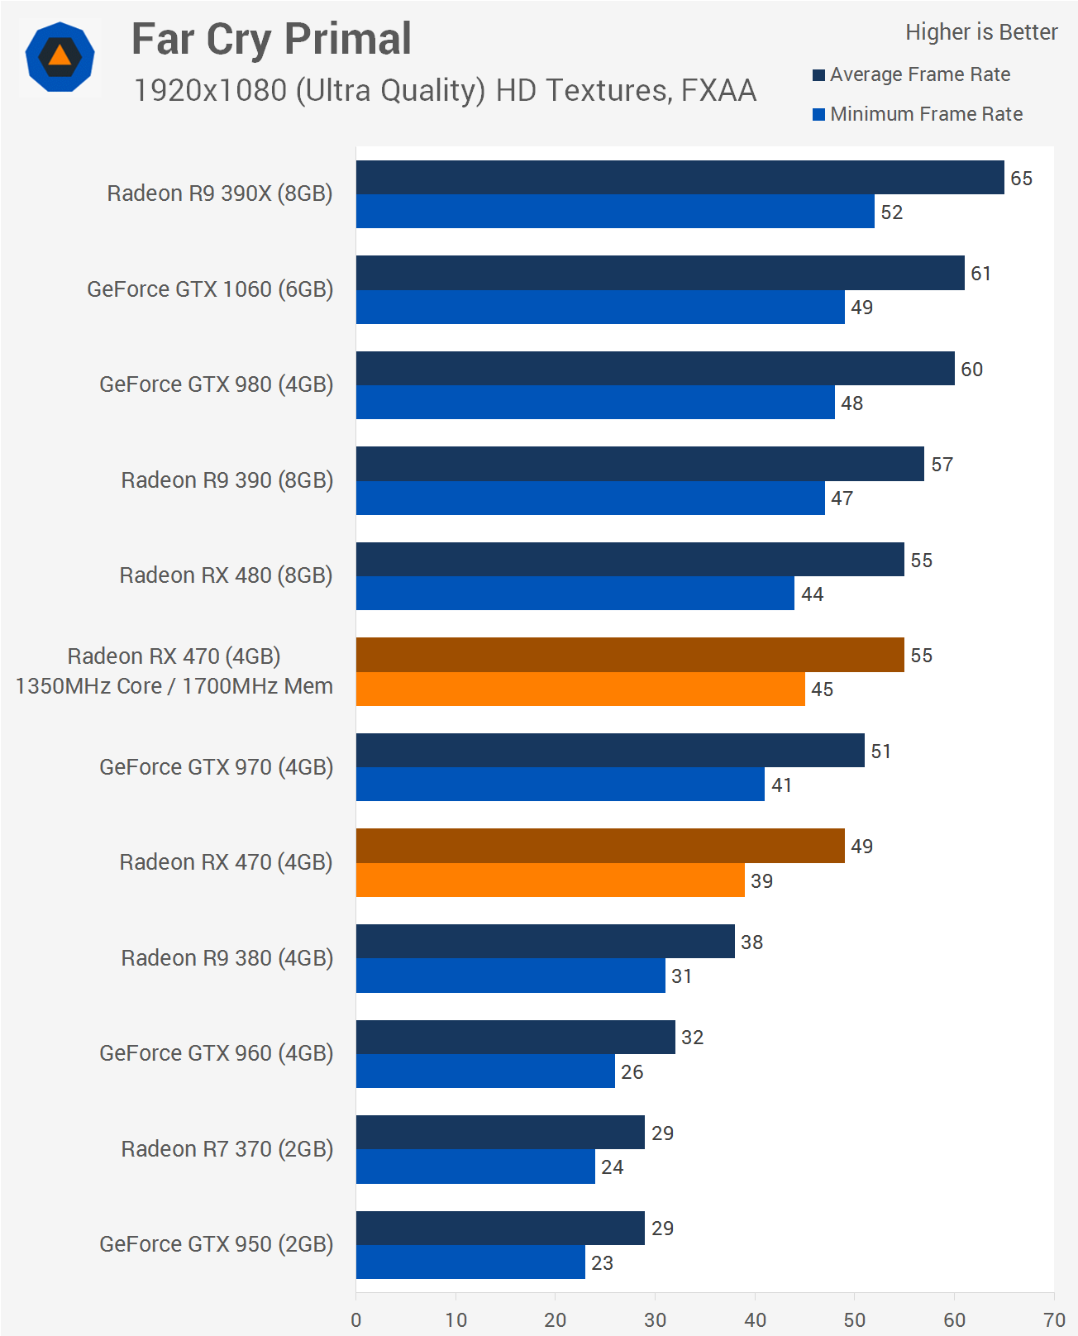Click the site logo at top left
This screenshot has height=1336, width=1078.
pos(60,57)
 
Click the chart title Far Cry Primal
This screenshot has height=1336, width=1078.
pos(271,39)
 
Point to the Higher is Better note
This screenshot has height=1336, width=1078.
pos(980,32)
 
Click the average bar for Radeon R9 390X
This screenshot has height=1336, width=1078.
pos(680,178)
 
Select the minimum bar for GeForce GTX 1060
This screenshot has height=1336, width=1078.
pos(600,307)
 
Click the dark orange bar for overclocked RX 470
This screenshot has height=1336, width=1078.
pos(630,655)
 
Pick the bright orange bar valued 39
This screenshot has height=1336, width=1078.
pos(550,880)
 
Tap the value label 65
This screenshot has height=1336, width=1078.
pos(1021,179)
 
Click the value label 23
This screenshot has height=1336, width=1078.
pos(602,1262)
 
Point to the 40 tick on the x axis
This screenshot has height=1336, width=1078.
pos(755,1319)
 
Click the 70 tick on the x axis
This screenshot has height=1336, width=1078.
pos(1054,1319)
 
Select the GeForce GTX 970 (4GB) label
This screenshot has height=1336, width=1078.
pos(216,767)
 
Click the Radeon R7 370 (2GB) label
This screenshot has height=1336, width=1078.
pos(227,1149)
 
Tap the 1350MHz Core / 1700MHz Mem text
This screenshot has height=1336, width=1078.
pos(174,686)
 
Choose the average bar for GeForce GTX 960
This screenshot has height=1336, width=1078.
pos(515,1037)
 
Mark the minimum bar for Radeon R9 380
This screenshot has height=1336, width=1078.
pos(510,976)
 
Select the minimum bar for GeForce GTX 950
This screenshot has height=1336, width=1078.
pos(470,1262)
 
